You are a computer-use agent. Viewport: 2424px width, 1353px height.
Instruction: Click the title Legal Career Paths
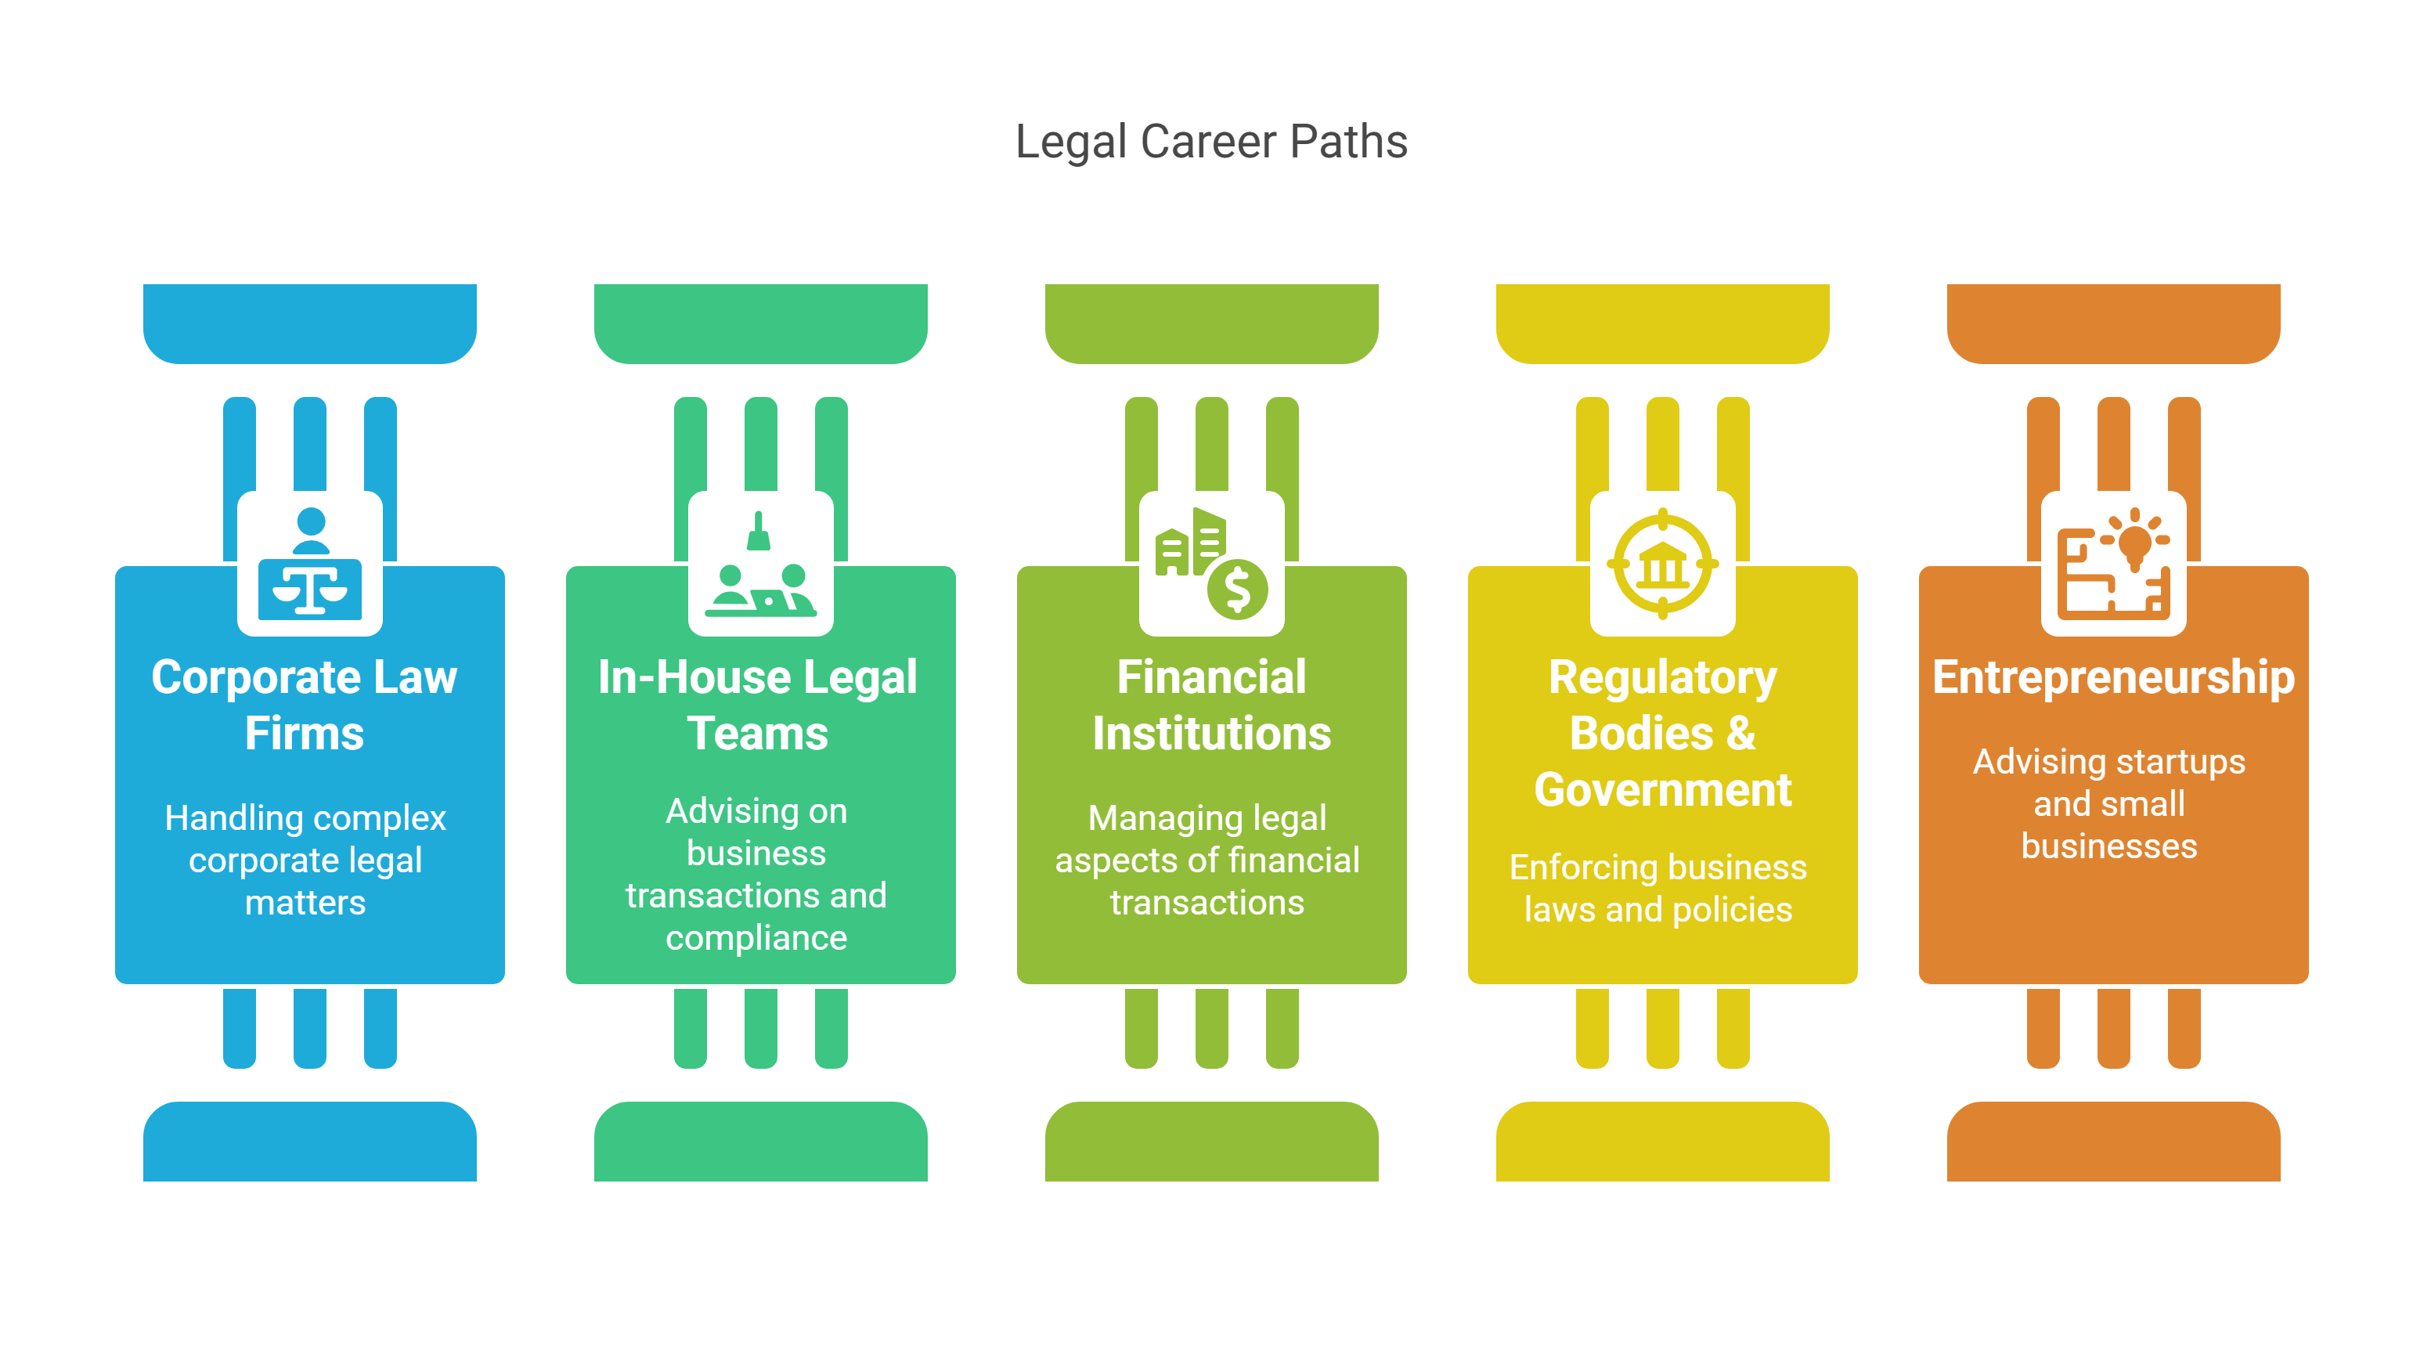(1211, 142)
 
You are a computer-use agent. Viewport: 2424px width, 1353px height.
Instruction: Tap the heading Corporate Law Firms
(305, 705)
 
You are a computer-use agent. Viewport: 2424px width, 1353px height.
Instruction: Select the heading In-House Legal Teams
(758, 705)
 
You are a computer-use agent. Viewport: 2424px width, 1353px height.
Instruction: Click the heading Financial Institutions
(1211, 705)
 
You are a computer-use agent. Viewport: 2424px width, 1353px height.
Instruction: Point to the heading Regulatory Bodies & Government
(1663, 733)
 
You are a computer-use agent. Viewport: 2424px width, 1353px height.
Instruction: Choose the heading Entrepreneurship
(2113, 677)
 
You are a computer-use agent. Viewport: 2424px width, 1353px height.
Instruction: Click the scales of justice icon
(309, 564)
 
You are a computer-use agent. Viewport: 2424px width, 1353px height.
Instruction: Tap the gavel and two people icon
(760, 564)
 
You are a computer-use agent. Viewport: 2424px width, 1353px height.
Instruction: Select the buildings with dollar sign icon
(1211, 564)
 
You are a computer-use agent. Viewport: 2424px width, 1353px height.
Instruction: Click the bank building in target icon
(1663, 564)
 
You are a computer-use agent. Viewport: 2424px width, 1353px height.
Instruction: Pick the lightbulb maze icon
(2113, 564)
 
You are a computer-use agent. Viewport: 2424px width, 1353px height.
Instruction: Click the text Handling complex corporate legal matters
(305, 860)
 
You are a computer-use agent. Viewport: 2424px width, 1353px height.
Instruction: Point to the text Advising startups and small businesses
(2108, 803)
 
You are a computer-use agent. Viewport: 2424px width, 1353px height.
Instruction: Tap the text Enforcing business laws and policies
(1658, 888)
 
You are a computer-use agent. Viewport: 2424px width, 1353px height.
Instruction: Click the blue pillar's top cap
(309, 323)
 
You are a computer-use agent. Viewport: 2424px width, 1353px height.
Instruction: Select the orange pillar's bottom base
(2113, 1142)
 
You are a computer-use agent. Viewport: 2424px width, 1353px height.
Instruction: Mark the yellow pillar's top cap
(1663, 323)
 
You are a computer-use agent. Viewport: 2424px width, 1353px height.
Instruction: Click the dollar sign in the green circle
(1237, 590)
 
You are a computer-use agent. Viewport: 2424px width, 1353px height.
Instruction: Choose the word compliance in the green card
(756, 938)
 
